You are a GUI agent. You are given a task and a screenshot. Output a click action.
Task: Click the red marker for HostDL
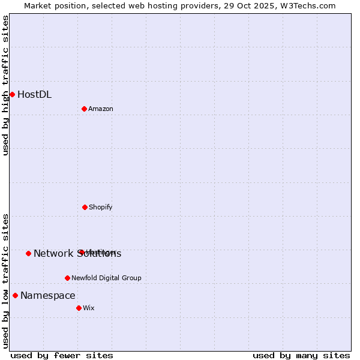[x=12, y=94]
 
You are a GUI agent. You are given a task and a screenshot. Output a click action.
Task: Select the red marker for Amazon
[x=84, y=109]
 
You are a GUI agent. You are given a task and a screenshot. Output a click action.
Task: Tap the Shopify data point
[x=85, y=207]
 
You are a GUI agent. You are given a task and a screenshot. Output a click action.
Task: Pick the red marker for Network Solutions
[x=28, y=253]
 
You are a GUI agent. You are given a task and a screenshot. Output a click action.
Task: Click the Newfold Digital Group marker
[x=67, y=278]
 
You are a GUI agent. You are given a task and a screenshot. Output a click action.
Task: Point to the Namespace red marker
[x=15, y=295]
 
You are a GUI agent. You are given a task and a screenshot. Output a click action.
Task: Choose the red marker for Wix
[x=79, y=308]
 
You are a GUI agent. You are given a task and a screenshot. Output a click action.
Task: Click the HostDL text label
[x=34, y=95]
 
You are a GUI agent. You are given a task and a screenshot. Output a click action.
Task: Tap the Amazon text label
[x=101, y=109]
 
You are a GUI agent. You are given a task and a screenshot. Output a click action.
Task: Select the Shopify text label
[x=101, y=208]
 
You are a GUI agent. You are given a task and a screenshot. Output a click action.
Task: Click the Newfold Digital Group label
[x=106, y=278]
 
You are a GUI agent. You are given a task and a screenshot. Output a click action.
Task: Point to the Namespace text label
[x=48, y=296]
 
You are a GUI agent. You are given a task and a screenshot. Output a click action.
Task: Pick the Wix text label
[x=89, y=308]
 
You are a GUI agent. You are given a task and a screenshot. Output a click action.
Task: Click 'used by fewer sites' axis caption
[x=62, y=356]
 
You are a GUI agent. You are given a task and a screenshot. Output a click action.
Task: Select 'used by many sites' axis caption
[x=301, y=356]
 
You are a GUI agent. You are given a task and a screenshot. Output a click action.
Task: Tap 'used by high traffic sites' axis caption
[x=6, y=86]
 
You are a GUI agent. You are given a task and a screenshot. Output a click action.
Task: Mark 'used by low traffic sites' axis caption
[x=6, y=281]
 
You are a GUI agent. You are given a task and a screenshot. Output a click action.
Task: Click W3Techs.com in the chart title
[x=307, y=5]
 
